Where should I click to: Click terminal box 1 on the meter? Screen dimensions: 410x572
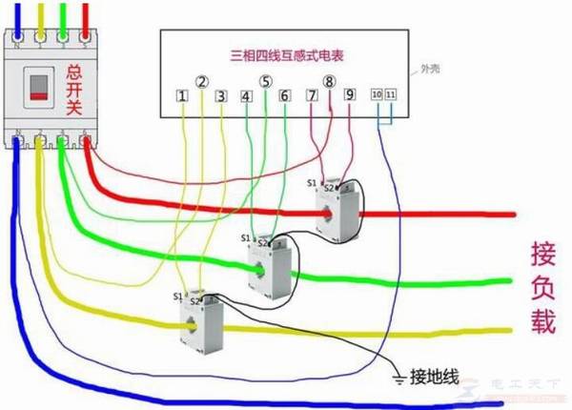point(181,96)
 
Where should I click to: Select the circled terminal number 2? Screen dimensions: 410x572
point(201,82)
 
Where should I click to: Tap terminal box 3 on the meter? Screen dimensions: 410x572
point(221,96)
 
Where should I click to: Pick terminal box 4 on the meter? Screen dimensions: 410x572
point(246,96)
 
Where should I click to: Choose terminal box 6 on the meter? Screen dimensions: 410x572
point(284,96)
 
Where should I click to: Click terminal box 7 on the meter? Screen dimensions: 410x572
point(312,95)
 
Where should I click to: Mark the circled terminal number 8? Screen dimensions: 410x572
point(330,82)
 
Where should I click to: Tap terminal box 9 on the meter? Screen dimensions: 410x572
point(349,95)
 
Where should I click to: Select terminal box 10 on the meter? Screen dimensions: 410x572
point(377,95)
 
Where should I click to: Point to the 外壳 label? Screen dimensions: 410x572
point(431,70)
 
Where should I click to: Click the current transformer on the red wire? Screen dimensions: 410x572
point(335,208)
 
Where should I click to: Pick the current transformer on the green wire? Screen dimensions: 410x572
point(270,260)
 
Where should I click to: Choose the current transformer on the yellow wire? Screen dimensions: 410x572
point(200,321)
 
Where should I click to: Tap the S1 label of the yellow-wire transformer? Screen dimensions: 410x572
point(178,297)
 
